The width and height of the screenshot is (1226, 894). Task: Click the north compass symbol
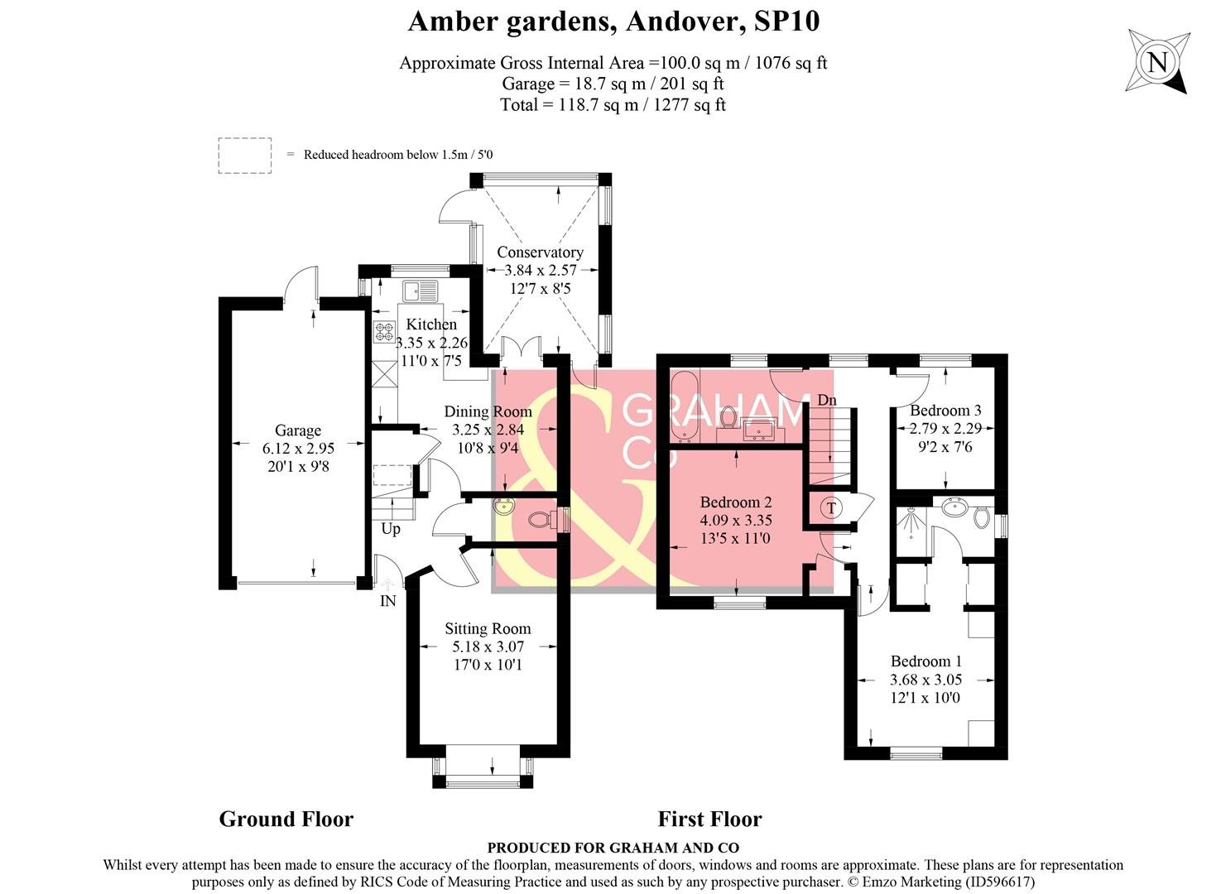(1158, 61)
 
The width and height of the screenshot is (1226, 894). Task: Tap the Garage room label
(297, 430)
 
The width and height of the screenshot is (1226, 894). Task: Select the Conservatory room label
(540, 252)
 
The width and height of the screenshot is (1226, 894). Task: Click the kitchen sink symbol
(421, 291)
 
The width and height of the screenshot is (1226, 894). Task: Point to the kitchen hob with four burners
(384, 331)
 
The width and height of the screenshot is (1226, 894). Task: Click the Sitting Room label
(488, 629)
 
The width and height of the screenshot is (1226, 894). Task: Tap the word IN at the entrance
(387, 602)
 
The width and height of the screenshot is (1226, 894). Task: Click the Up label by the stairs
(390, 528)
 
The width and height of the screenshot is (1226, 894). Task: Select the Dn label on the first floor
(827, 401)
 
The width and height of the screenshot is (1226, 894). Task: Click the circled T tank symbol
(831, 508)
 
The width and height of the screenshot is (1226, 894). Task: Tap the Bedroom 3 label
(945, 411)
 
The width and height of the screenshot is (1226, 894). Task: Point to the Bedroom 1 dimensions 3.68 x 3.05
(926, 680)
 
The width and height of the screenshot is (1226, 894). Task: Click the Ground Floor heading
(286, 819)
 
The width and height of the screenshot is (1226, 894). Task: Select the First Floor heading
(709, 819)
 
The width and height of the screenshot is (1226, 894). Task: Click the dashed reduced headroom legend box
(244, 156)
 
